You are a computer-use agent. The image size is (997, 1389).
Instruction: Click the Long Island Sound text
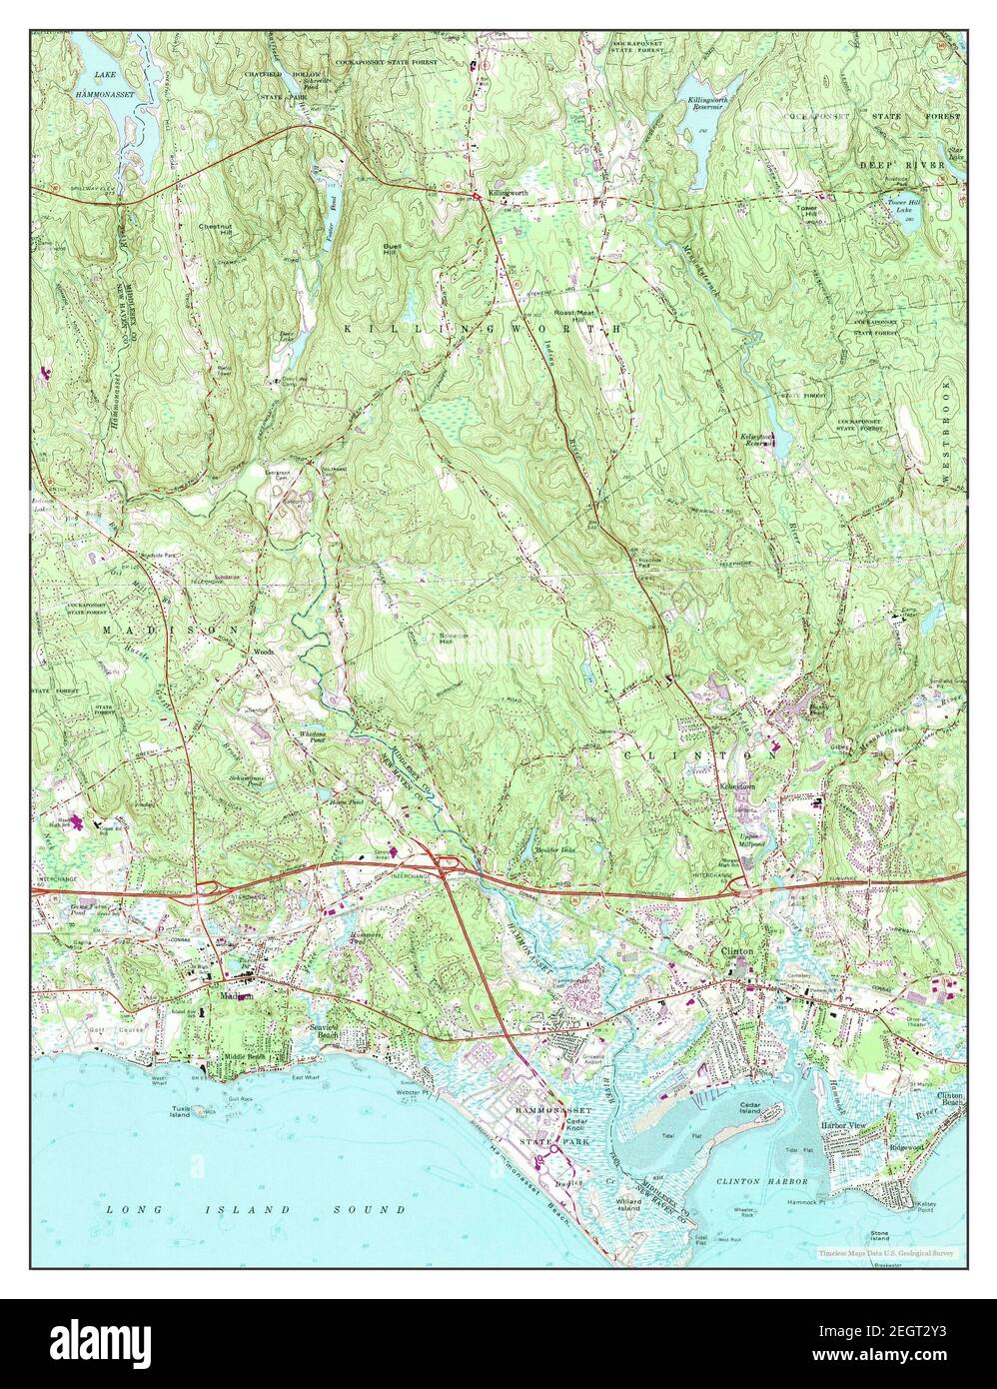[256, 1209]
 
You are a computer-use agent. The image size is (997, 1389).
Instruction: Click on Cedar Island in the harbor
[751, 1109]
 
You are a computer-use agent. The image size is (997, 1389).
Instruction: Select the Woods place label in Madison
[263, 651]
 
